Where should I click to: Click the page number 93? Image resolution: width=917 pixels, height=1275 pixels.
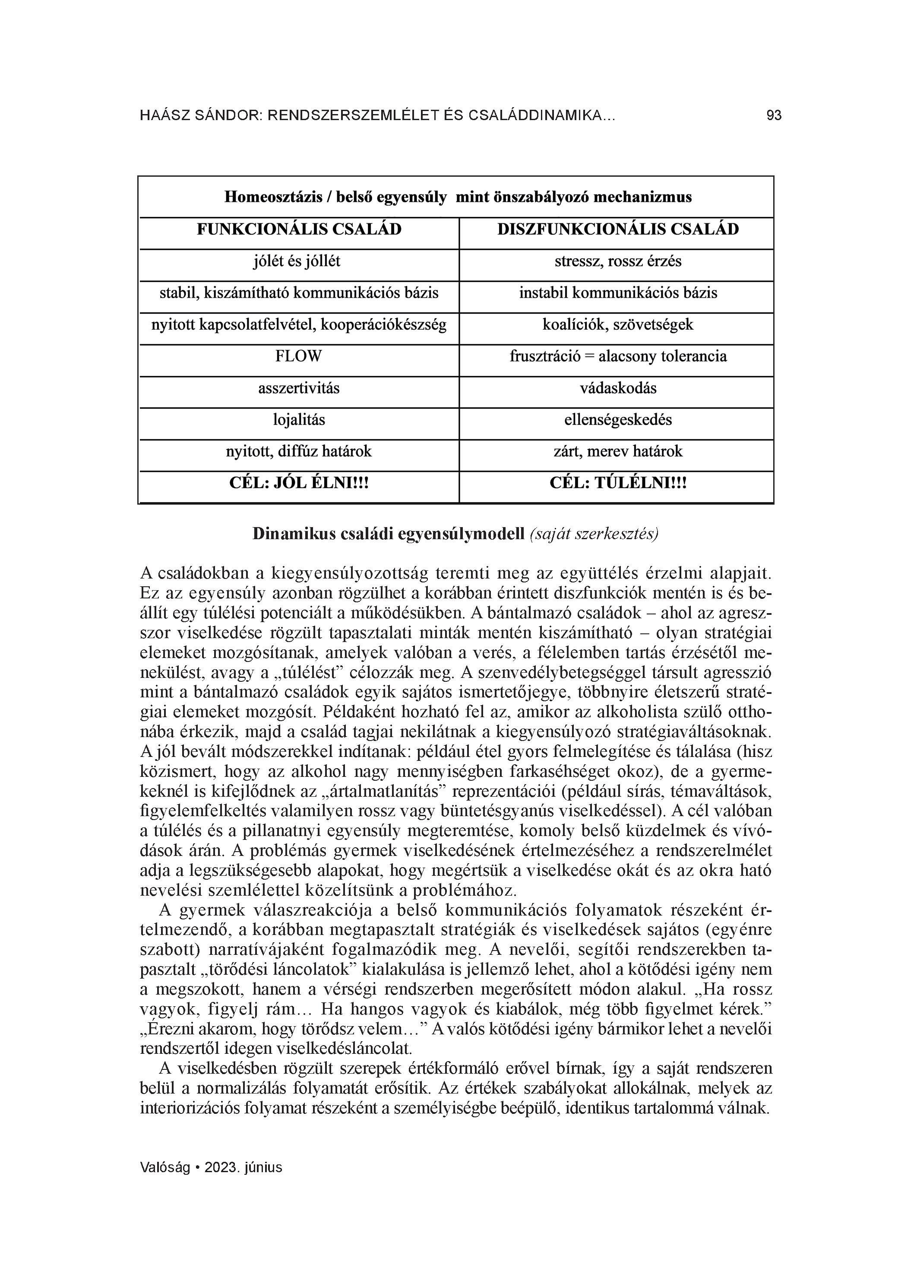click(774, 116)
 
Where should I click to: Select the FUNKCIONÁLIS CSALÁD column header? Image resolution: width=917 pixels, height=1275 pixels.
click(299, 229)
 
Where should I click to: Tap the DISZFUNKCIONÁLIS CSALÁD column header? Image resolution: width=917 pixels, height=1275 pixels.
click(617, 229)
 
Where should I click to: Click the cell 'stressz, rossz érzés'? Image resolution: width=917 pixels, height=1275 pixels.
click(617, 261)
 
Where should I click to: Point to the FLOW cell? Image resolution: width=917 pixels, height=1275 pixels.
click(298, 356)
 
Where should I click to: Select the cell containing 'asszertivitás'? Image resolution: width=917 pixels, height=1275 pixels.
click(299, 388)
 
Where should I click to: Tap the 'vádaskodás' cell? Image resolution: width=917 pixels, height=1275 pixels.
click(617, 388)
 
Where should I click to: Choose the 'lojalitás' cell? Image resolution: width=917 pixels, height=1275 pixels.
click(299, 420)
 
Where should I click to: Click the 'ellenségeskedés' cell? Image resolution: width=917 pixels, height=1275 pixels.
click(617, 420)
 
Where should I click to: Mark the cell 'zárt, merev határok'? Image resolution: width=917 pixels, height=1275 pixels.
click(617, 451)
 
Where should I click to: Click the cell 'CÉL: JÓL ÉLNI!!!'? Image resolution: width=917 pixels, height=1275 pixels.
click(299, 483)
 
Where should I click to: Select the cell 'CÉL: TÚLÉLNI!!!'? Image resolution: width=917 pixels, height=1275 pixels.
click(617, 483)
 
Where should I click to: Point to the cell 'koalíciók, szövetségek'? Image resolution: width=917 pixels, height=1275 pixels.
click(617, 325)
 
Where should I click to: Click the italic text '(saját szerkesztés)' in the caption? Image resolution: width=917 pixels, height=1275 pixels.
click(593, 534)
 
